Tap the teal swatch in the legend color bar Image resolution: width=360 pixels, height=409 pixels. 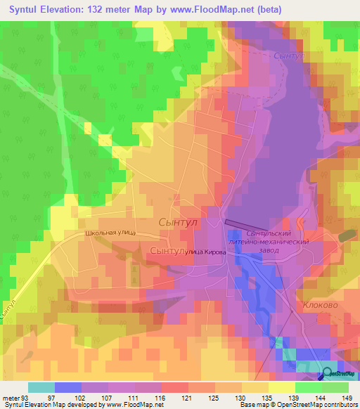coord(41,387)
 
